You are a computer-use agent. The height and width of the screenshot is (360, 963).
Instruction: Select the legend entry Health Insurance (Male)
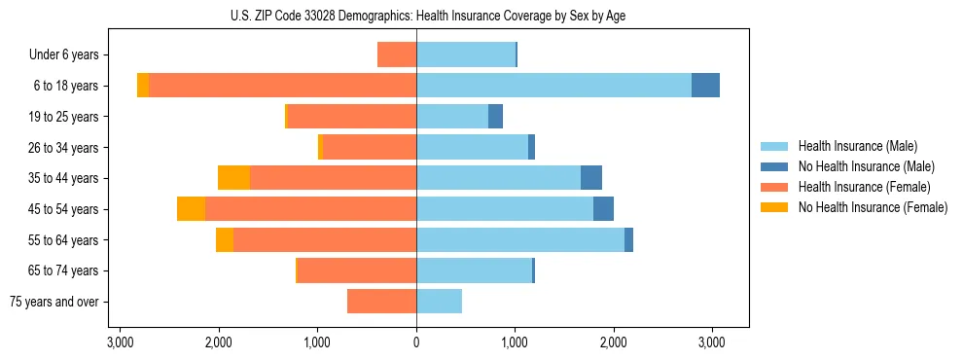tap(857, 146)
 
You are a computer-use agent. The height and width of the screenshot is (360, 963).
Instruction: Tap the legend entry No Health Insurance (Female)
tap(873, 207)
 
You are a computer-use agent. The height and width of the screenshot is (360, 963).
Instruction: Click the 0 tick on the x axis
tap(416, 342)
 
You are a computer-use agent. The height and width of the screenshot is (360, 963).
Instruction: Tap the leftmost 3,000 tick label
tap(120, 342)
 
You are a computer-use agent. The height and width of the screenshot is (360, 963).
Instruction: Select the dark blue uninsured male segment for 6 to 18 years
tap(705, 86)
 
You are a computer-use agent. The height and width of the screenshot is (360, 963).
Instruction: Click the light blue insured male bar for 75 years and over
tap(439, 302)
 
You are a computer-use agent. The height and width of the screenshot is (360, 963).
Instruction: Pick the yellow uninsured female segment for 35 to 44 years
tap(233, 178)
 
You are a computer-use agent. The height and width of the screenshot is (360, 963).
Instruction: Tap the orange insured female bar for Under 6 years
tap(397, 54)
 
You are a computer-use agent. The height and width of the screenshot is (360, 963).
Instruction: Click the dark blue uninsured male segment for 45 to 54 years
tap(603, 209)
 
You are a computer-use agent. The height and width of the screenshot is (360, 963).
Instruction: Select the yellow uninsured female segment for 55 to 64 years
tap(225, 240)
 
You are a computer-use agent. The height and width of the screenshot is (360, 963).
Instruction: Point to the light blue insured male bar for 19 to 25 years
tap(452, 117)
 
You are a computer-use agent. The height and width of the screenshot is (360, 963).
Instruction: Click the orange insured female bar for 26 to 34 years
tap(370, 147)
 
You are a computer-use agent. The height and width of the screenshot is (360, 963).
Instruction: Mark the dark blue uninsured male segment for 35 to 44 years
tap(591, 178)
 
